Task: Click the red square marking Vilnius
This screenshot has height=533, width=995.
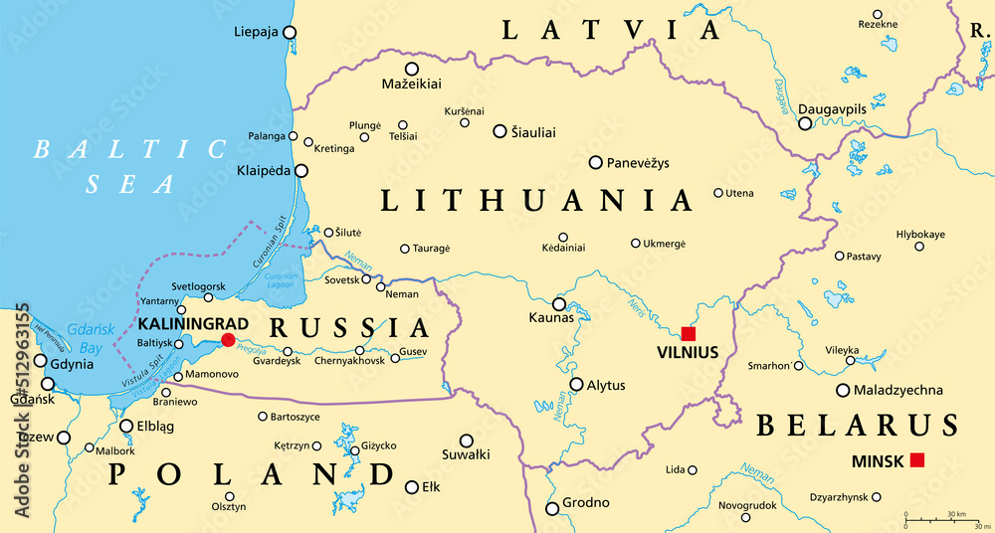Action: click(x=689, y=333)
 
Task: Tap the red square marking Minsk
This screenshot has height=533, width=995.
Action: click(x=917, y=459)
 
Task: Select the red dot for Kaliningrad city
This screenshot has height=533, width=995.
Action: click(x=228, y=340)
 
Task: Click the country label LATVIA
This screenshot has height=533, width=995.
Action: click(x=611, y=30)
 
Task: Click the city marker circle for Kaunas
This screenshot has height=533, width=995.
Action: click(x=559, y=304)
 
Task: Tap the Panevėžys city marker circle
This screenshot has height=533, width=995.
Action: click(x=596, y=162)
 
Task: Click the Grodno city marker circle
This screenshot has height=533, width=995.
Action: click(x=552, y=509)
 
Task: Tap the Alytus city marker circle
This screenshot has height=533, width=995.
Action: click(x=576, y=384)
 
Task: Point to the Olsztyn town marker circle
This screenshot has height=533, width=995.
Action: click(x=230, y=496)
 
